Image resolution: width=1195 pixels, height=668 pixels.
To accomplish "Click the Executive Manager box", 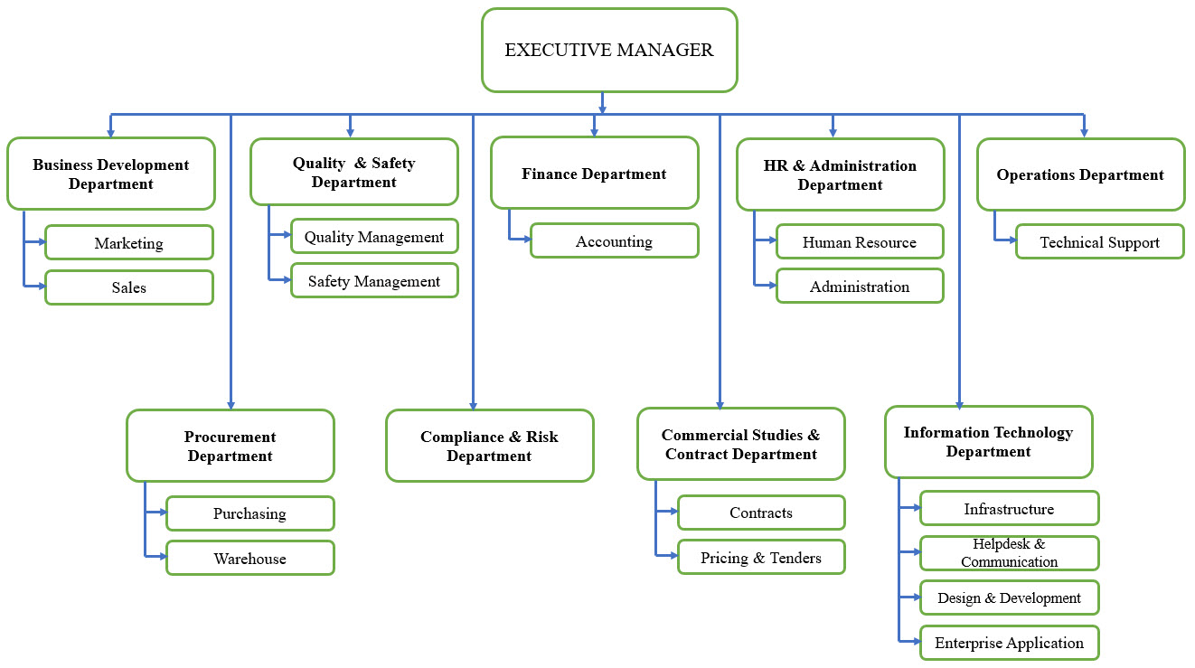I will [609, 51].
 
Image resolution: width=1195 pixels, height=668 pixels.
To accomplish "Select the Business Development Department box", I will [111, 174].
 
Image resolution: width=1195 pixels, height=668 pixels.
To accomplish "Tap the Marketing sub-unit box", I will [129, 243].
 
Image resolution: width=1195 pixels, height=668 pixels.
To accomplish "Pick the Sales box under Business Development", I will [129, 287].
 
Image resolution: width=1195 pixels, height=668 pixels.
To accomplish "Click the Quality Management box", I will [374, 237].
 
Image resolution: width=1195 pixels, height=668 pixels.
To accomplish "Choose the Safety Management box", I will [374, 281].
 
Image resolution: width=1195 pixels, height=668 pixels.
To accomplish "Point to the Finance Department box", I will [594, 174].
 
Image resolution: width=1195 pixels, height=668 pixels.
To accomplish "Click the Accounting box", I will [614, 241].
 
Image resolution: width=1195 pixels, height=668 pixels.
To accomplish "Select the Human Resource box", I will [860, 242].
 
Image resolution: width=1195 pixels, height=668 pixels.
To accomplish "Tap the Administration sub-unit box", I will [860, 287].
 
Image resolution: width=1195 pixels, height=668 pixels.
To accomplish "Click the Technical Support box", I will [1099, 242].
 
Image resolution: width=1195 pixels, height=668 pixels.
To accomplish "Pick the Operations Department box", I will [1080, 174].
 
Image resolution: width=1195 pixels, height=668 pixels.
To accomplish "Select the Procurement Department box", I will [231, 446].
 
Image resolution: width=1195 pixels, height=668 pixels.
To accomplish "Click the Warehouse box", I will [250, 559].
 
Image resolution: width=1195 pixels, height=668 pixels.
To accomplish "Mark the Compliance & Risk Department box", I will [489, 446].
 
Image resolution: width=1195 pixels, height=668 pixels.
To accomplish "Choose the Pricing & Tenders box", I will [761, 558].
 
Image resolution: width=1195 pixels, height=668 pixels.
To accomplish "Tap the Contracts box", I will [761, 513].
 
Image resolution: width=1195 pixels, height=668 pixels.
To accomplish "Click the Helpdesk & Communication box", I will [1009, 553].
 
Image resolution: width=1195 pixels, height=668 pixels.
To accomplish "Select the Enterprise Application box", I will [1009, 643].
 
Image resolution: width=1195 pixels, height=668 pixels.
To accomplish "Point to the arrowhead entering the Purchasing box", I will [163, 513].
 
